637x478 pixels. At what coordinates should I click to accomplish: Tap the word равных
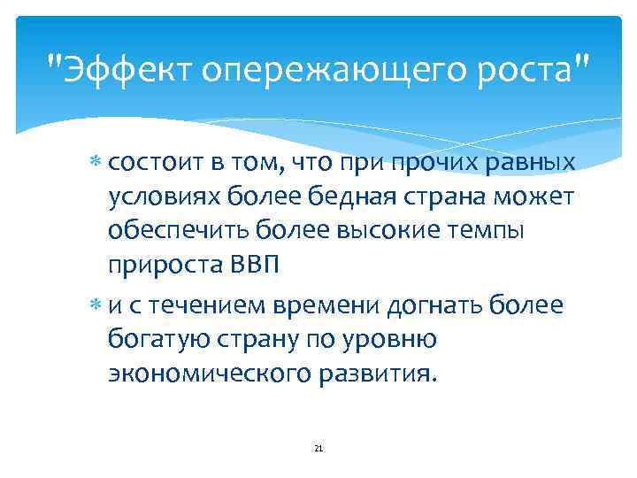[532, 164]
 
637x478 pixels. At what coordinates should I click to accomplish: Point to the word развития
[380, 373]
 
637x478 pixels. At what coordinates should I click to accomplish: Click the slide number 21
[318, 449]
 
